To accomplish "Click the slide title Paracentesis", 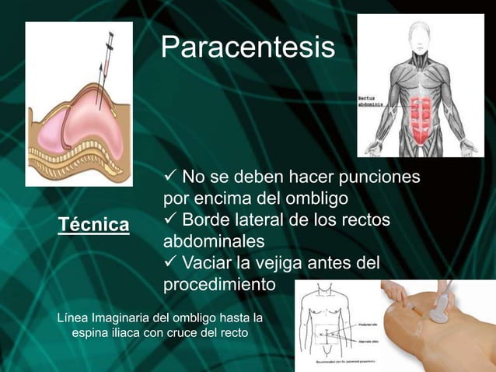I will tap(248, 48).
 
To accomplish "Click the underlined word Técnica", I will tap(94, 225).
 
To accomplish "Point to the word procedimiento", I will tap(219, 284).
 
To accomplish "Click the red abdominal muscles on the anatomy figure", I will tap(420, 118).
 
